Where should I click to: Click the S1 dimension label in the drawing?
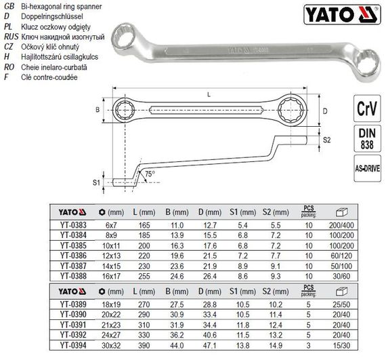click(x=96, y=182)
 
